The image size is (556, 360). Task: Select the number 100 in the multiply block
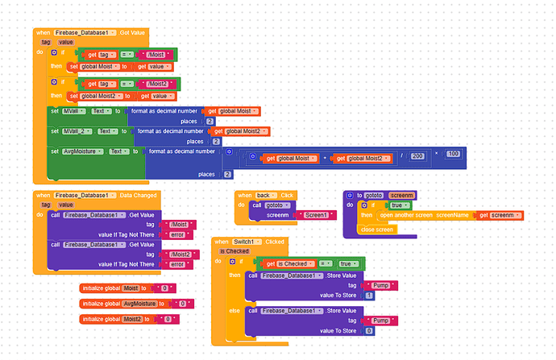pos(452,154)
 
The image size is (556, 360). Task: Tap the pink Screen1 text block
pos(316,215)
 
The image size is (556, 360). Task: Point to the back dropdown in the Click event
pos(264,196)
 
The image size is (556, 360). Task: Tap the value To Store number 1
pos(369,296)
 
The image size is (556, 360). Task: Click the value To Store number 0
pos(369,330)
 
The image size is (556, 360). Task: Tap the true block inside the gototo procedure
pos(396,205)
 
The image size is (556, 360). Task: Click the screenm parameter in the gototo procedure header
pos(401,196)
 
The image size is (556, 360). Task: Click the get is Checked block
pos(287,264)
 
